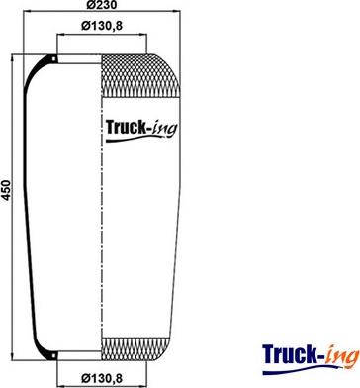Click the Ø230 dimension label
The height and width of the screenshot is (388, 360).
coord(101,5)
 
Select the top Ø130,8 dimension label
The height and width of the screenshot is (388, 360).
coord(102,26)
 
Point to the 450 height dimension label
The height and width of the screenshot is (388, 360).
coord(6,190)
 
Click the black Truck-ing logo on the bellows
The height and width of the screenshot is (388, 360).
coord(141,130)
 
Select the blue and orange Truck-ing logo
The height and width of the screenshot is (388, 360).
coord(311,359)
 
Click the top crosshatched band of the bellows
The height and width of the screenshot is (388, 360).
coord(140,75)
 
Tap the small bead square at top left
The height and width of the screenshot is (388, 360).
coord(53,58)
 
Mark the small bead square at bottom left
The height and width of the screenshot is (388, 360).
coord(53,356)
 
